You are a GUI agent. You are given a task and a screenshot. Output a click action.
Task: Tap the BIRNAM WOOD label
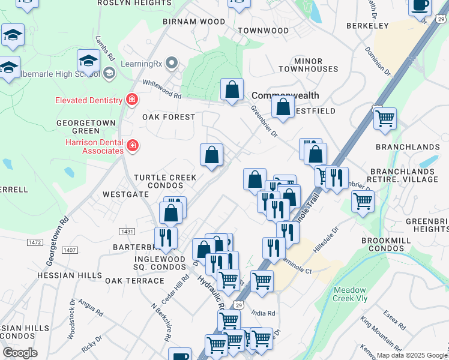[194, 22]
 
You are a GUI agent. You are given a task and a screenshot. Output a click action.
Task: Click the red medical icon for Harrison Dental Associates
[133, 145]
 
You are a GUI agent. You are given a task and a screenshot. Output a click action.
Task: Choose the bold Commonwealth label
[285, 95]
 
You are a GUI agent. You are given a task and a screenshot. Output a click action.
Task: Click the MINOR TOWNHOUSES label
[316, 65]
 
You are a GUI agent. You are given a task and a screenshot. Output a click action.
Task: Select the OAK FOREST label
[169, 117]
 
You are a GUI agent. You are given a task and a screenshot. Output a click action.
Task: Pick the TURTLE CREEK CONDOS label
[165, 181]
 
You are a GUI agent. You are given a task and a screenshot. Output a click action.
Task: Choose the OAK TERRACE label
[134, 281]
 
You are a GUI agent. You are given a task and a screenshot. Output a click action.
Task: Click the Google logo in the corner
[20, 353]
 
